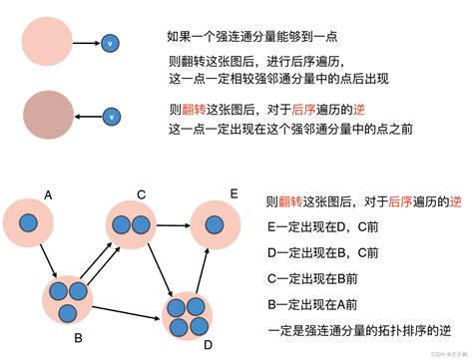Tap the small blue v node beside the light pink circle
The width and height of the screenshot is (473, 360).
(x=110, y=43)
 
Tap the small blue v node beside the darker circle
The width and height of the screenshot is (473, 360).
(x=112, y=117)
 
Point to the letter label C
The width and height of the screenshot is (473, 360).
(x=142, y=194)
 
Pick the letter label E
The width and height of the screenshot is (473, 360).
(x=233, y=192)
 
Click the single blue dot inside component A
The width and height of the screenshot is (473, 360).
(x=33, y=224)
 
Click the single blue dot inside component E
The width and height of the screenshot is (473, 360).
(x=220, y=224)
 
